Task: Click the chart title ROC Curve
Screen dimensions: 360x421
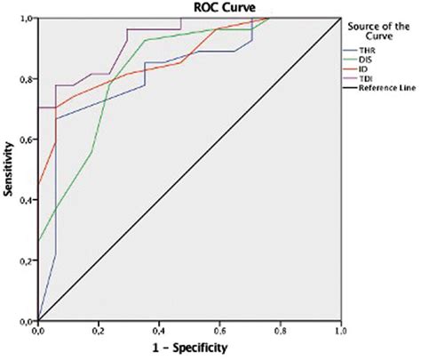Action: point(189,8)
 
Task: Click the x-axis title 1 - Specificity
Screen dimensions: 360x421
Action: point(189,348)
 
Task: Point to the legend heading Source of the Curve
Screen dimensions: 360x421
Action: point(381,31)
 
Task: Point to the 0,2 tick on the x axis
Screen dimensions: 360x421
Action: point(98,330)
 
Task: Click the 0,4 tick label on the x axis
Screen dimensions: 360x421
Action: point(158,330)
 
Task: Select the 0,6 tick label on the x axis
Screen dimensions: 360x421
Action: point(219,330)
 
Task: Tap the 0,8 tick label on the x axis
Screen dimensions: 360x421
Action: point(280,330)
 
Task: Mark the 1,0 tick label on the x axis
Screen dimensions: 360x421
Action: point(340,330)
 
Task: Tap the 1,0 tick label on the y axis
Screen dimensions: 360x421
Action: point(27,18)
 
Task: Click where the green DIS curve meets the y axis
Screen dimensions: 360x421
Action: point(37,240)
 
